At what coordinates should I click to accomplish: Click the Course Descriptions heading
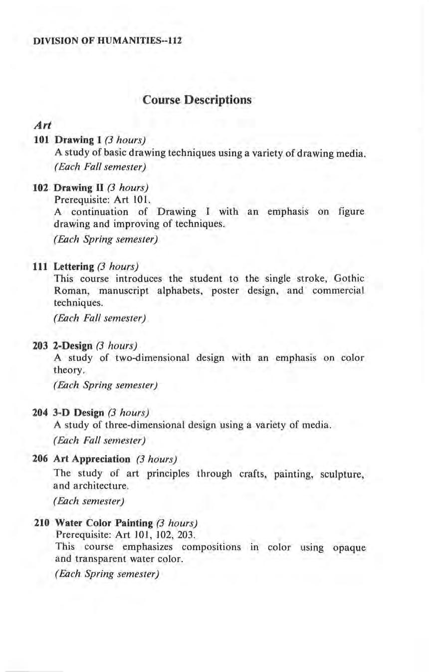(197, 100)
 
